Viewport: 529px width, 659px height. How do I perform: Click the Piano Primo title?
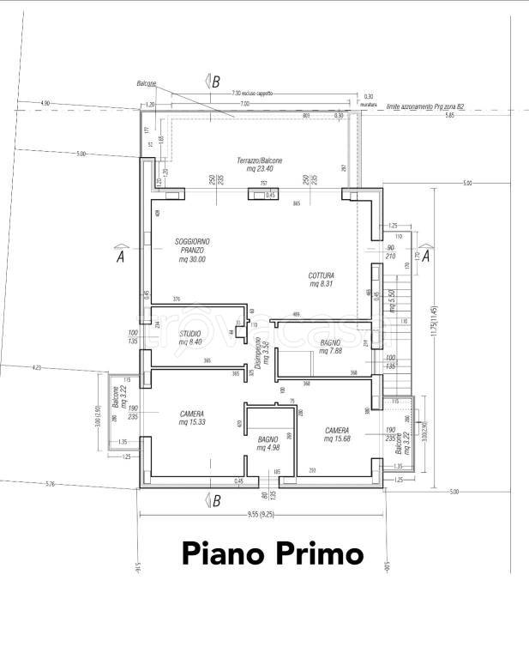[x=273, y=553]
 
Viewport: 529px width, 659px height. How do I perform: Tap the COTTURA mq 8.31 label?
[x=322, y=280]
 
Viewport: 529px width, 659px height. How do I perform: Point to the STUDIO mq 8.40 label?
[x=191, y=338]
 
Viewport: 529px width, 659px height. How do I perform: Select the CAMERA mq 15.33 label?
[x=191, y=418]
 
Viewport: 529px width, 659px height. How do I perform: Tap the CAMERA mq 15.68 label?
[x=336, y=435]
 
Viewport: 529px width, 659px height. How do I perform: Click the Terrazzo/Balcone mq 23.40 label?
[x=259, y=165]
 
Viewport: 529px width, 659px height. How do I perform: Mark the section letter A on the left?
[x=120, y=254]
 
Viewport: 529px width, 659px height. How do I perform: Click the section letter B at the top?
[x=215, y=82]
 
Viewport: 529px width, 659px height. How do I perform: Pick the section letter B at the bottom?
[x=215, y=499]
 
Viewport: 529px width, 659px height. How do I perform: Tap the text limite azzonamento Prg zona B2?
[x=425, y=106]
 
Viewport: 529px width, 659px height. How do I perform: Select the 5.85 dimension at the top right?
[x=449, y=115]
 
